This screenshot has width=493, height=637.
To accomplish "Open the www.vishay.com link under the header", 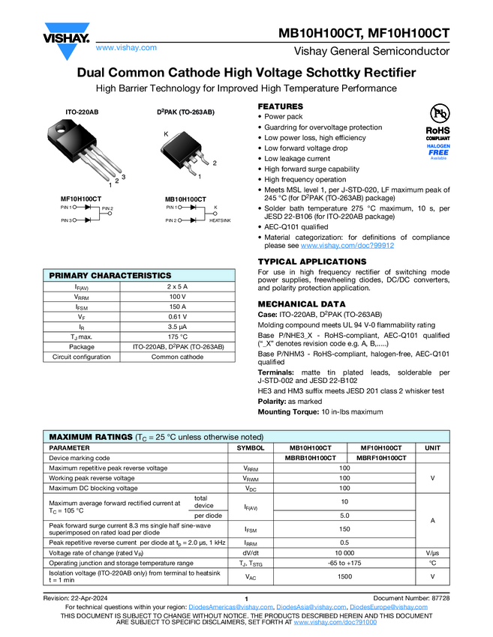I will pyautogui.click(x=126, y=48).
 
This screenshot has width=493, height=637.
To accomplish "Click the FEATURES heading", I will pyautogui.click(x=281, y=106).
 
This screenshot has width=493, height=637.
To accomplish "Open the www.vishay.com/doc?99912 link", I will pyautogui.click(x=347, y=246).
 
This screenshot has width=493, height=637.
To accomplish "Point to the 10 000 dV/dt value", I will pyautogui.click(x=344, y=552).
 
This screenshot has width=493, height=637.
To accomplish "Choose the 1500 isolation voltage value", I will pyautogui.click(x=344, y=576).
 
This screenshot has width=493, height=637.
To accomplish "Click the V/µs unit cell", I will pyautogui.click(x=432, y=552).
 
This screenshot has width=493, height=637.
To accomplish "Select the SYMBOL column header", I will pyautogui.click(x=251, y=447).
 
